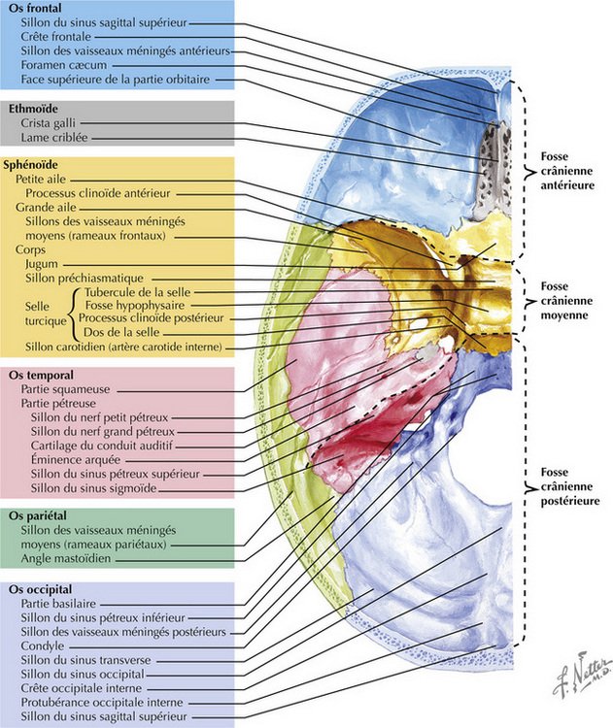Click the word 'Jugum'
click(35, 262)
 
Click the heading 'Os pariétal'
click(38, 515)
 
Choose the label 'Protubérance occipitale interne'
click(98, 701)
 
